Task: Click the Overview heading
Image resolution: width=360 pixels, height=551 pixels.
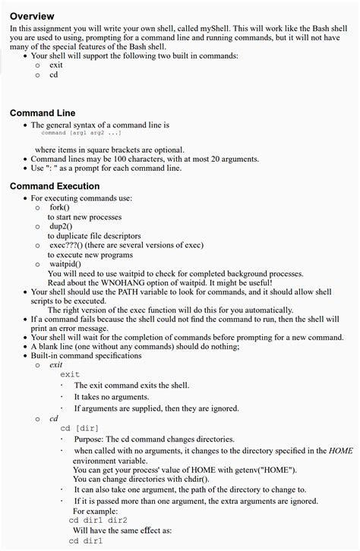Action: coord(32,16)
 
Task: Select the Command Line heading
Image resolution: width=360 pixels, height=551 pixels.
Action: coord(43,113)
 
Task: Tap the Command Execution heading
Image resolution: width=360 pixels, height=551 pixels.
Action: coord(55,186)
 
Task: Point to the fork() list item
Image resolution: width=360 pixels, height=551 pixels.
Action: coord(59,207)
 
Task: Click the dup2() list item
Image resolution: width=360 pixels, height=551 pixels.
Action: coord(61,226)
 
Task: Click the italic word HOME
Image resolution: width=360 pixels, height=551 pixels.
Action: coord(341,451)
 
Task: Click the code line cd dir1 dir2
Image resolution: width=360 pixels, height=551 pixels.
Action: coord(98,521)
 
